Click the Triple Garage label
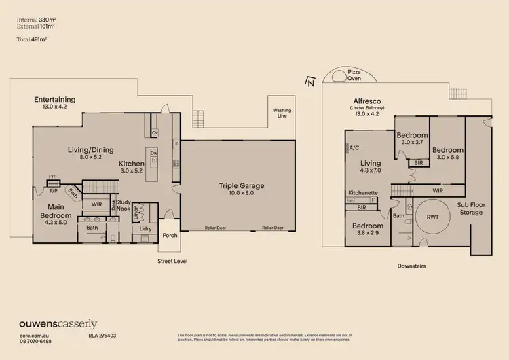[x=241, y=189]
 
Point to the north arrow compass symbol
[x=310, y=83]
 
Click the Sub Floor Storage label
[x=469, y=208]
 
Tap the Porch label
[x=169, y=236]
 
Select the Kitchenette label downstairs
[x=363, y=193]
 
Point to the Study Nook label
[x=123, y=204]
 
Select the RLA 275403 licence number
[x=103, y=336]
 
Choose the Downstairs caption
[x=411, y=266]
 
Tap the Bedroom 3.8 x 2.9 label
[x=367, y=230]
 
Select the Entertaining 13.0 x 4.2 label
[x=54, y=103]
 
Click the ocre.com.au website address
[x=33, y=336]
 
